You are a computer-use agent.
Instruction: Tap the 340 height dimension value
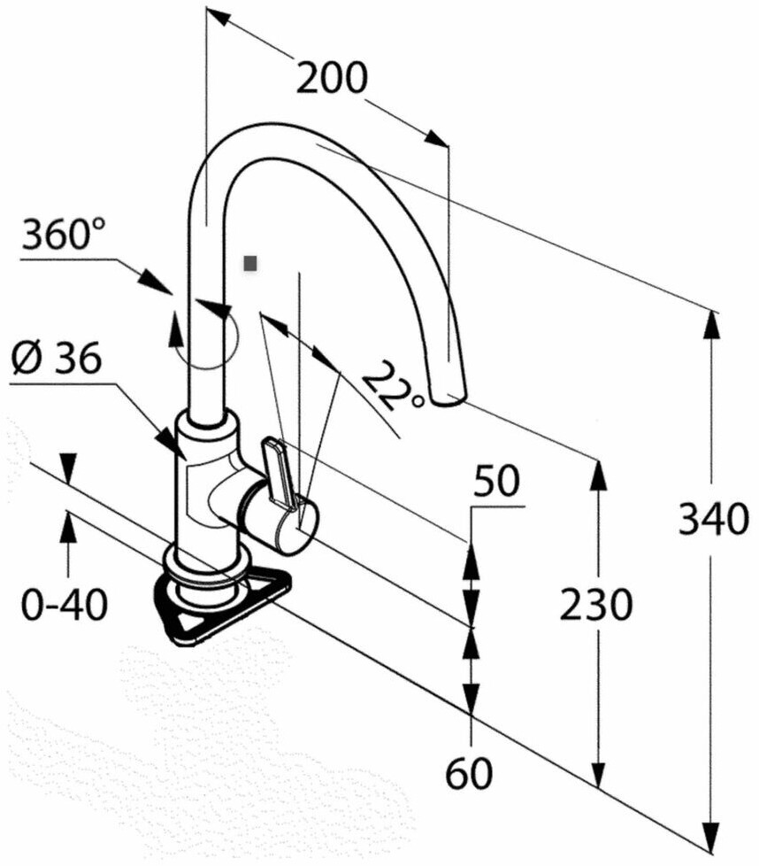(x=713, y=519)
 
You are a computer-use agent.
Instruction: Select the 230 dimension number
(x=595, y=604)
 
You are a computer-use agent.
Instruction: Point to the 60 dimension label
(x=469, y=773)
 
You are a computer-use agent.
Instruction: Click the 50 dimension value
(x=497, y=481)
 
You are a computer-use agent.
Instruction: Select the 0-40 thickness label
(x=64, y=604)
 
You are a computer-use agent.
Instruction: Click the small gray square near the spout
(x=250, y=264)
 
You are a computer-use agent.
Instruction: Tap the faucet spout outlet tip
(x=449, y=398)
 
